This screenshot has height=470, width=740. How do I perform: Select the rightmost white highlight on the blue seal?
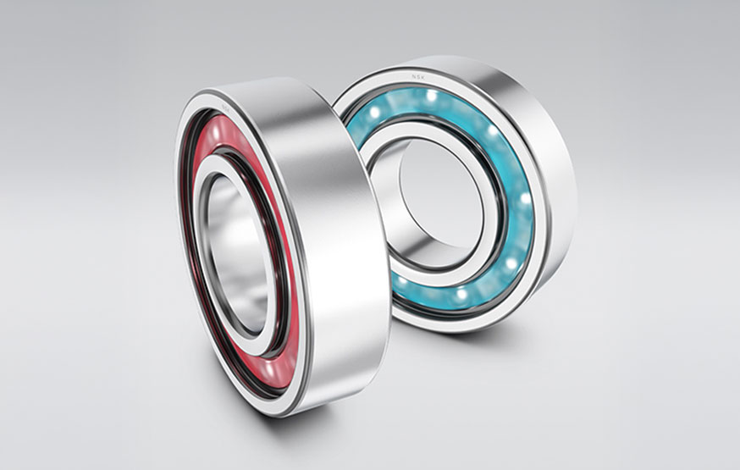tap(525, 200)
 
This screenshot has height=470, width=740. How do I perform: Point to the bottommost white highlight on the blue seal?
tap(461, 294)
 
